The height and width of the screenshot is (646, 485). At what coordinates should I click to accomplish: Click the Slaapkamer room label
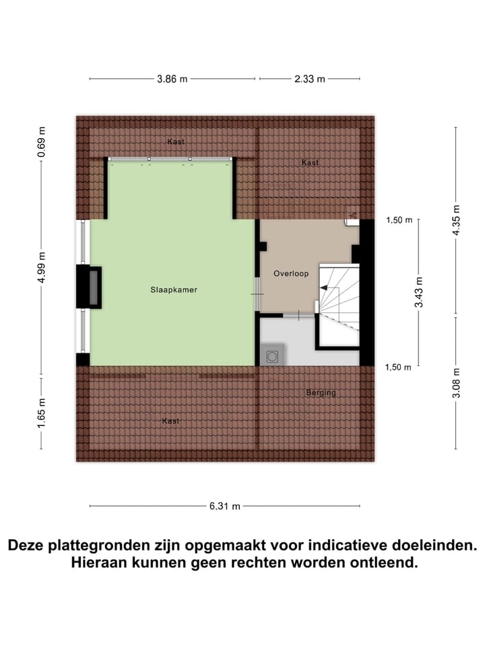click(x=174, y=290)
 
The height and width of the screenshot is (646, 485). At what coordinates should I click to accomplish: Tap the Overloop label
click(x=291, y=274)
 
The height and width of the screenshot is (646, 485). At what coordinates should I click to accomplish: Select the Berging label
click(x=321, y=392)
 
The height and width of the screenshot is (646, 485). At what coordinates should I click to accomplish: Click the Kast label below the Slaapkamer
click(x=170, y=421)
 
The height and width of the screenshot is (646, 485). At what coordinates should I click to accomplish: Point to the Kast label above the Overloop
click(x=310, y=163)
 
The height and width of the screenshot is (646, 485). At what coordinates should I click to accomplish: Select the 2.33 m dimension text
click(x=309, y=79)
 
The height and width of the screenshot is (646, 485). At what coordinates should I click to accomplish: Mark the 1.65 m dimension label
click(x=42, y=414)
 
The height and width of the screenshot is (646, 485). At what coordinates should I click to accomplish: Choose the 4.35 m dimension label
click(x=456, y=219)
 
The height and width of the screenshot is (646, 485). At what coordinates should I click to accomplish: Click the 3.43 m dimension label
click(x=419, y=293)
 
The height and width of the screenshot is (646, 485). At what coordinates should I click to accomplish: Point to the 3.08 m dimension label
click(x=456, y=383)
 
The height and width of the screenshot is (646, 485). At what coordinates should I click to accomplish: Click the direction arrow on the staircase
click(x=326, y=288)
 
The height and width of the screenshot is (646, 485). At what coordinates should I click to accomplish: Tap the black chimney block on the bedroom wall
click(x=89, y=287)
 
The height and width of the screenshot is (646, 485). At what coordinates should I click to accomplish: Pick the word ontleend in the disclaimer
click(x=385, y=563)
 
